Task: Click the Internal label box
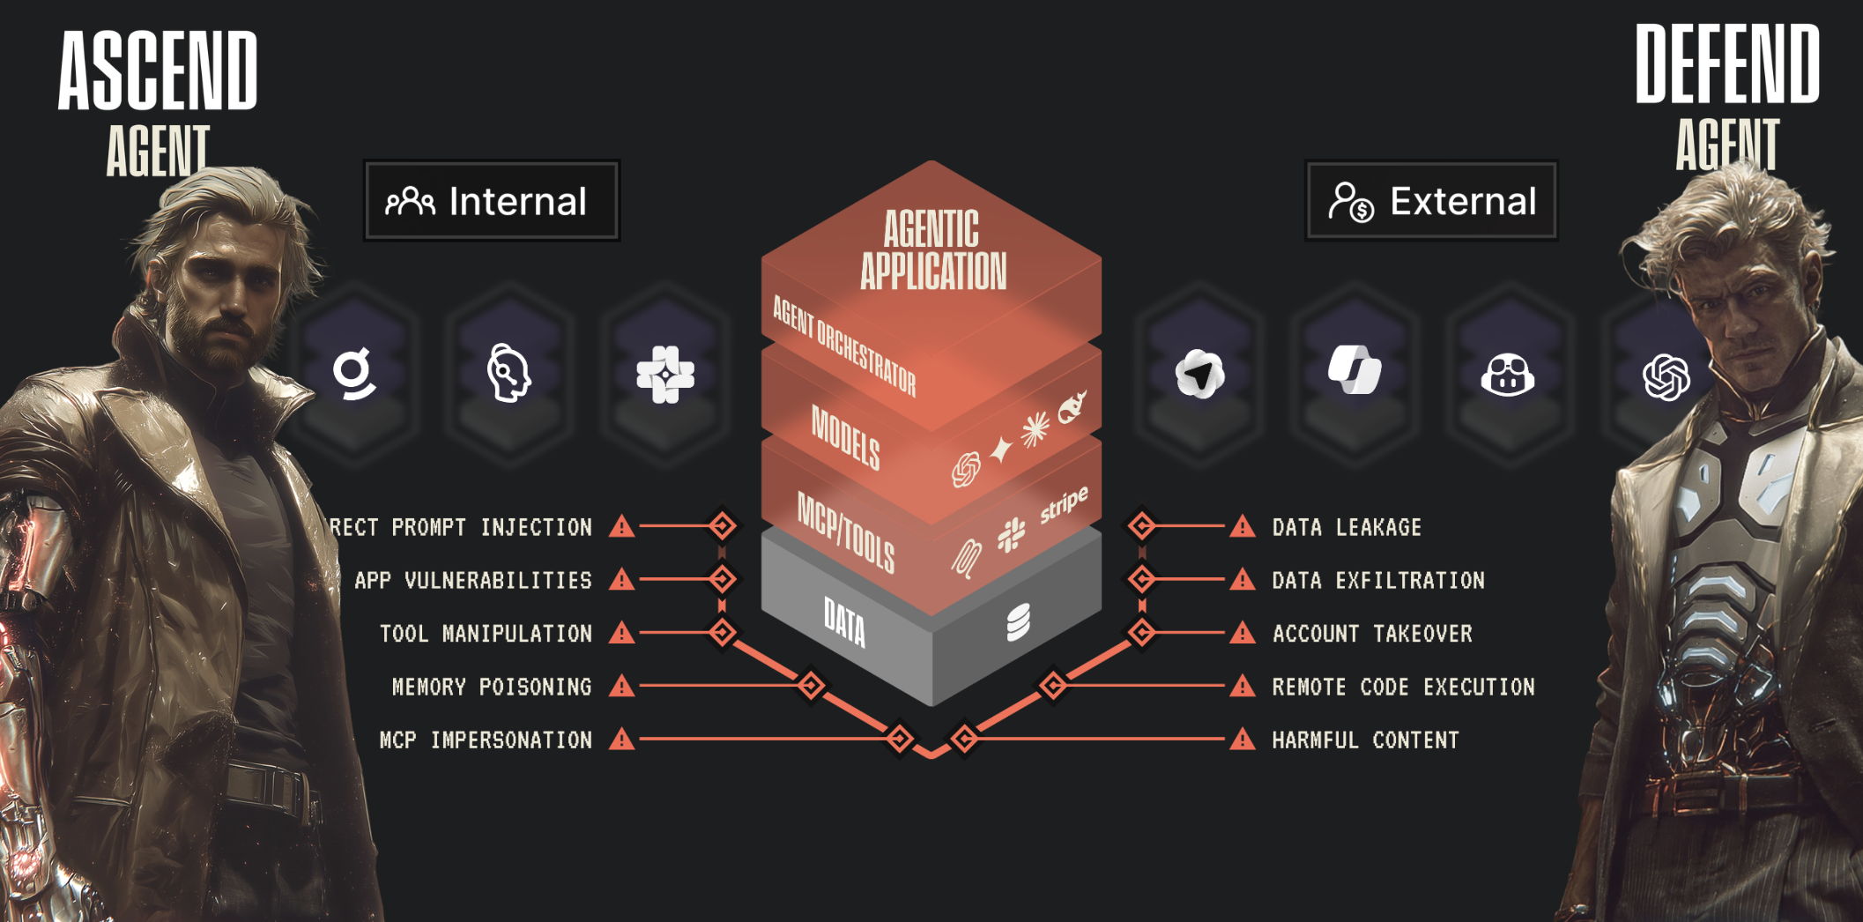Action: click(x=492, y=201)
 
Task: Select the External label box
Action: click(x=1431, y=201)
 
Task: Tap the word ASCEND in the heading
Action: click(x=158, y=71)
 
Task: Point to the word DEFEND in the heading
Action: click(x=1726, y=64)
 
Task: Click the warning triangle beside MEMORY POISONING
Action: click(x=622, y=686)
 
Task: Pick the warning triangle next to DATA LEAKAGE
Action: click(x=1243, y=527)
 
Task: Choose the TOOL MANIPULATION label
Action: click(x=486, y=634)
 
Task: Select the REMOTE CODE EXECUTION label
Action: click(x=1403, y=687)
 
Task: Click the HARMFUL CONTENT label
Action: click(x=1365, y=740)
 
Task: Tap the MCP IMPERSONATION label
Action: click(x=486, y=740)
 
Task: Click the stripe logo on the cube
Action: click(x=1064, y=505)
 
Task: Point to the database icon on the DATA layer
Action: click(x=1018, y=622)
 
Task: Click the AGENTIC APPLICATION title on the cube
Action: click(x=932, y=250)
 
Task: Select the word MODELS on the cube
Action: click(x=845, y=437)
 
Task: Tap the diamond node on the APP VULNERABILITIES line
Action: click(x=723, y=579)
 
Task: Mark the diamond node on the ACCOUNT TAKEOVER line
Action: click(x=1142, y=632)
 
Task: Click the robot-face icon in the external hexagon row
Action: click(x=1508, y=375)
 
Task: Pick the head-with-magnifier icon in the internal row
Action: click(x=508, y=374)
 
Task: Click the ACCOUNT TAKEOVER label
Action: click(x=1372, y=634)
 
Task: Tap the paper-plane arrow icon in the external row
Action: click(x=1199, y=374)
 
